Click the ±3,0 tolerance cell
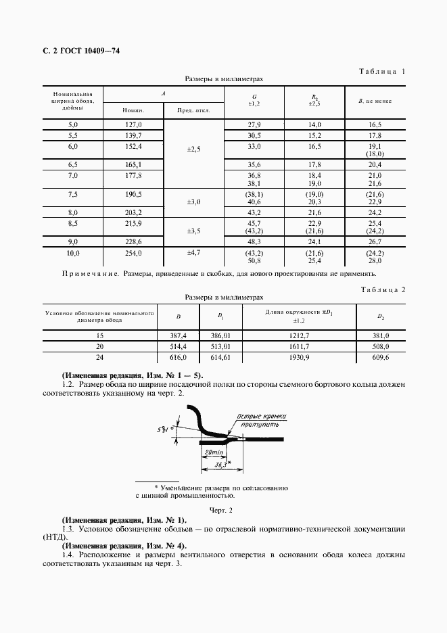pyautogui.click(x=195, y=202)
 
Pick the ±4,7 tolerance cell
pyautogui.click(x=195, y=253)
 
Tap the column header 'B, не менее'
pyautogui.click(x=375, y=100)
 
